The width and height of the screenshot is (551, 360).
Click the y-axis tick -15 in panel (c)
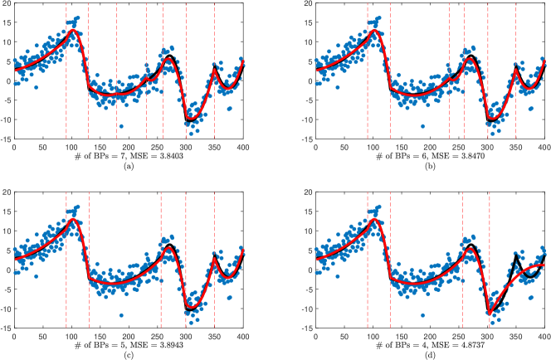point(4,326)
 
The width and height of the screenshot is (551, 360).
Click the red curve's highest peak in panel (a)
point(73,31)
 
